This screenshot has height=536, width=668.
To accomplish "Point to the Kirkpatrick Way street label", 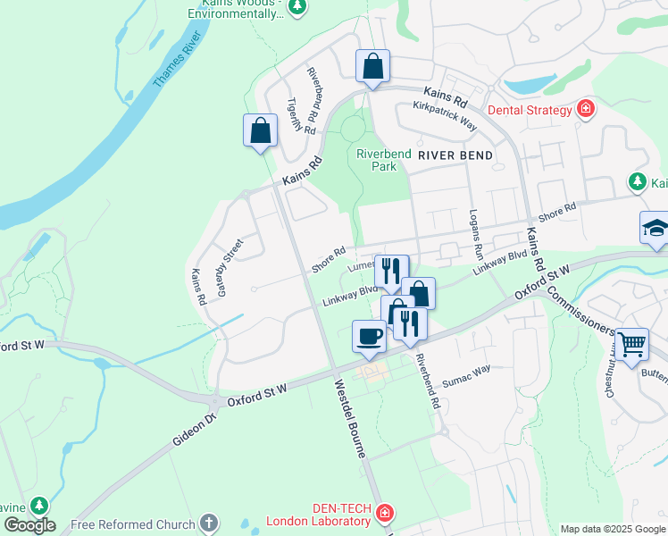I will click(445, 117).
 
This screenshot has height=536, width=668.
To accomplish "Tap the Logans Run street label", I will click(476, 231).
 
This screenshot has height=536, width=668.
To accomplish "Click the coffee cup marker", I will click(370, 336).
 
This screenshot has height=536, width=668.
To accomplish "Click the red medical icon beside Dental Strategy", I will click(586, 109).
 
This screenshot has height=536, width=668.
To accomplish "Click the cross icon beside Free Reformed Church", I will click(209, 523).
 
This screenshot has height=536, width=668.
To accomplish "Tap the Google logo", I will click(29, 524).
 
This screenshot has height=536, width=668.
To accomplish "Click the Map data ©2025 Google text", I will click(613, 529).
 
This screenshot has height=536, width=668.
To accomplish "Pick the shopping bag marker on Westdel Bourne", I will click(260, 130).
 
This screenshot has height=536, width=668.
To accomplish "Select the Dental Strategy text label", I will click(529, 110).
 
